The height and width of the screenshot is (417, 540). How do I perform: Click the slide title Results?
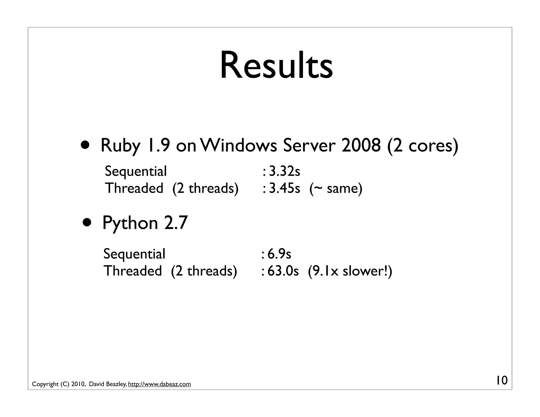[276, 66]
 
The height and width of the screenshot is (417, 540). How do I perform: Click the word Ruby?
[120, 146]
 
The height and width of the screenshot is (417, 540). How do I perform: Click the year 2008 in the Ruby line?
[361, 146]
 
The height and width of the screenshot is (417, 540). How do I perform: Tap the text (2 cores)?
[423, 146]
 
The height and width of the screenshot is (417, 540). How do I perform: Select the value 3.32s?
[285, 171]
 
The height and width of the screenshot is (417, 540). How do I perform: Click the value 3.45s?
[285, 188]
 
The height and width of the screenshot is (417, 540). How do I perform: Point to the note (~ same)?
[336, 188]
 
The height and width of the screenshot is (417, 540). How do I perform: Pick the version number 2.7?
[176, 223]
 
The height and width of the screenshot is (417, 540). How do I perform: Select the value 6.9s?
[279, 254]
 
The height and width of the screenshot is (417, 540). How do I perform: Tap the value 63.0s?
[283, 271]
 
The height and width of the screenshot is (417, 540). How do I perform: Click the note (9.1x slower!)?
[350, 271]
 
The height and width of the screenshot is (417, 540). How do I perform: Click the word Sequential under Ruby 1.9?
[136, 171]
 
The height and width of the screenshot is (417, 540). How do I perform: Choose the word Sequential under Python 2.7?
[134, 254]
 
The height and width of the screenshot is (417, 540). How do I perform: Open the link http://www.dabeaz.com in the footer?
[159, 384]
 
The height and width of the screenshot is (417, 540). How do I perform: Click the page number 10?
[502, 381]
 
